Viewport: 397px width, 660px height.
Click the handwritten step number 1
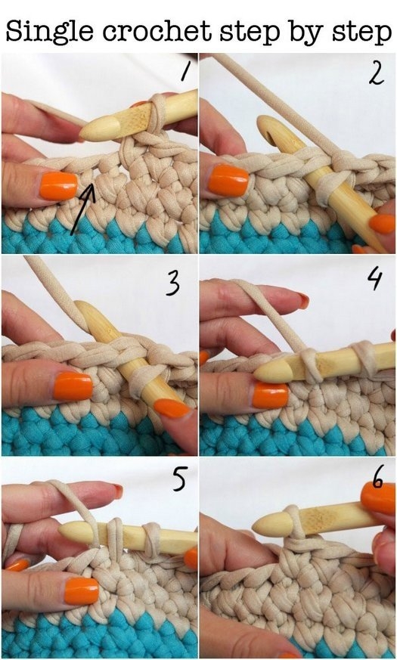184,72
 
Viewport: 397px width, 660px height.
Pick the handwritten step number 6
377,480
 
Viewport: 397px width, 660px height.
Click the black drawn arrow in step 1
83,208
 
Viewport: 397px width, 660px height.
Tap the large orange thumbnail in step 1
59,186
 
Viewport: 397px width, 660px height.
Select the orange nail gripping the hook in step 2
382,224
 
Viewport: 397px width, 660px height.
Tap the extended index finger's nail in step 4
303,300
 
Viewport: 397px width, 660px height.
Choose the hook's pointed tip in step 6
254,525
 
